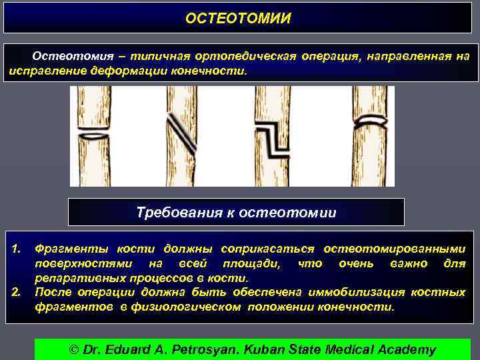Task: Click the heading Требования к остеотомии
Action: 236,213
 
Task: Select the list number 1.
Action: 17,249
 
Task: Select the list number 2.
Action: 17,292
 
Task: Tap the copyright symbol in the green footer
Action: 75,349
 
